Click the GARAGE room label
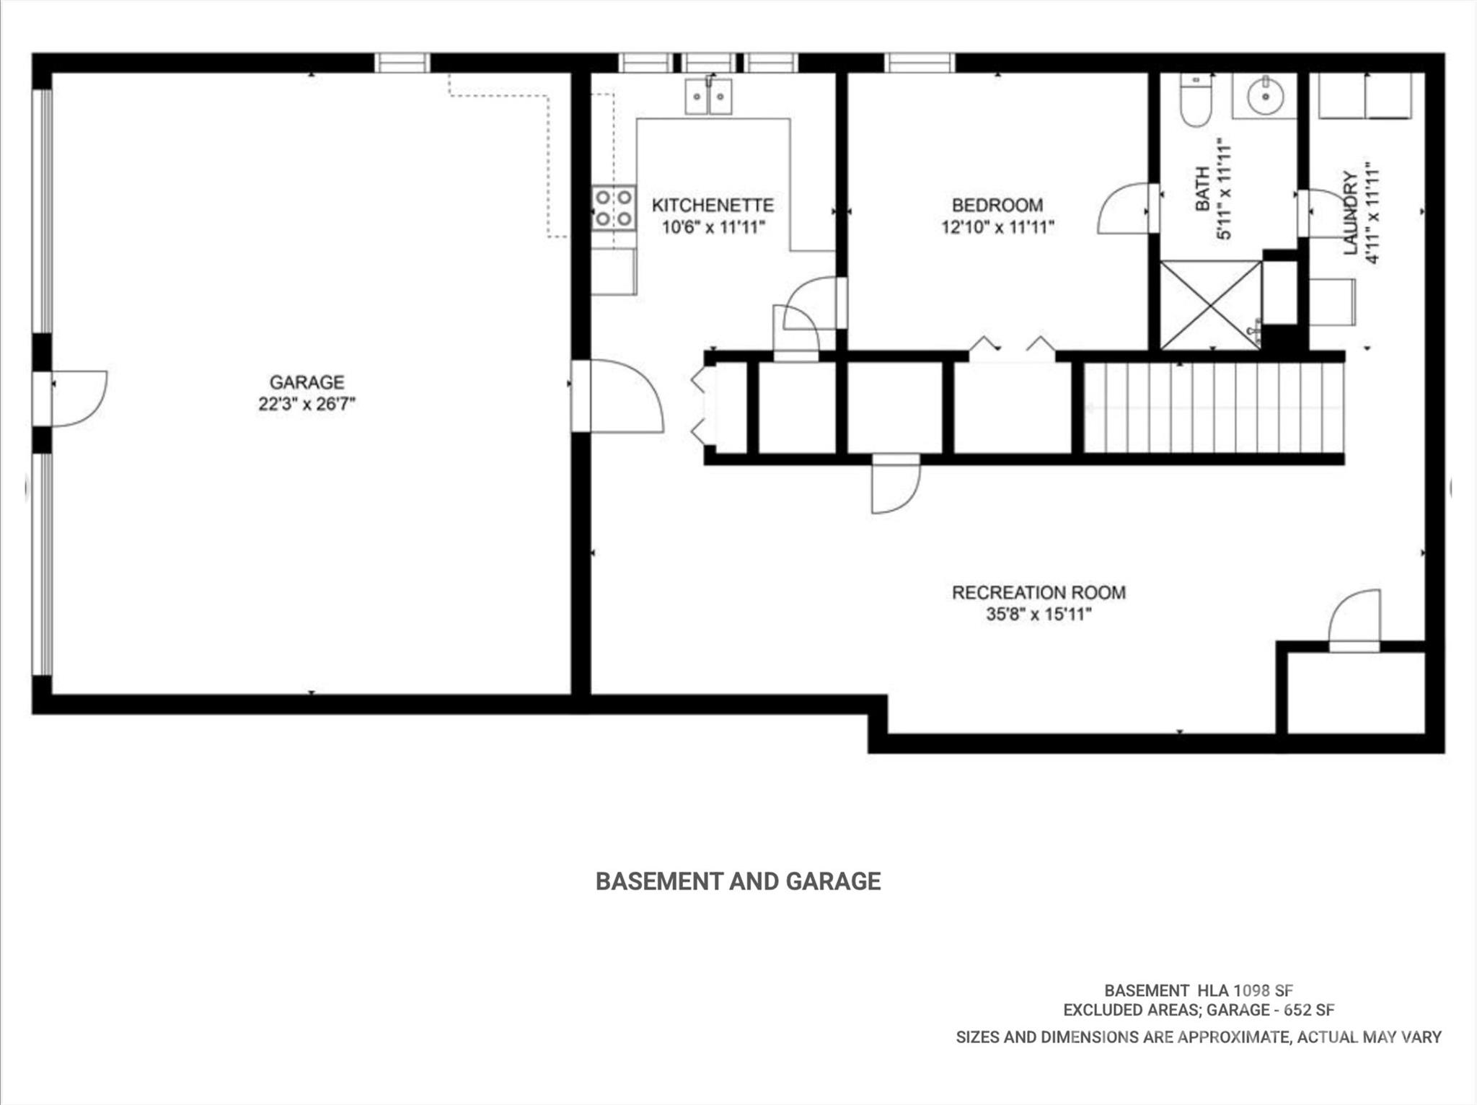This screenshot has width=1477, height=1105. [x=307, y=382]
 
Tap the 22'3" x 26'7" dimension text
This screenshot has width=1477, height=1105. [x=307, y=404]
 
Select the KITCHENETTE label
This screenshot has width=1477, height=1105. [x=713, y=206]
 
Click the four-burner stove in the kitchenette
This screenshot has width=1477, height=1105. [x=614, y=208]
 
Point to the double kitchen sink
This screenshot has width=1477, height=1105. [x=708, y=97]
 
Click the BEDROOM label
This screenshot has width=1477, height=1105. [x=997, y=206]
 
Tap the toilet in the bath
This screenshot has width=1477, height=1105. [x=1196, y=101]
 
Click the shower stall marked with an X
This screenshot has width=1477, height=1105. [x=1210, y=305]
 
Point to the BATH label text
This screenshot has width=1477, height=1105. [x=1202, y=189]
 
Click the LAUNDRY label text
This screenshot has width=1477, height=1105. [x=1351, y=213]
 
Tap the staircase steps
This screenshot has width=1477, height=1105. [x=1214, y=408]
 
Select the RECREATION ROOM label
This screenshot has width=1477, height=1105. [x=1039, y=593]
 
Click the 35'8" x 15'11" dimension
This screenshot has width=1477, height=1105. [x=1039, y=615]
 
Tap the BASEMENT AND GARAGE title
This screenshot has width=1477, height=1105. [x=738, y=881]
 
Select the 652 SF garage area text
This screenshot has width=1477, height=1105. [x=1310, y=1010]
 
